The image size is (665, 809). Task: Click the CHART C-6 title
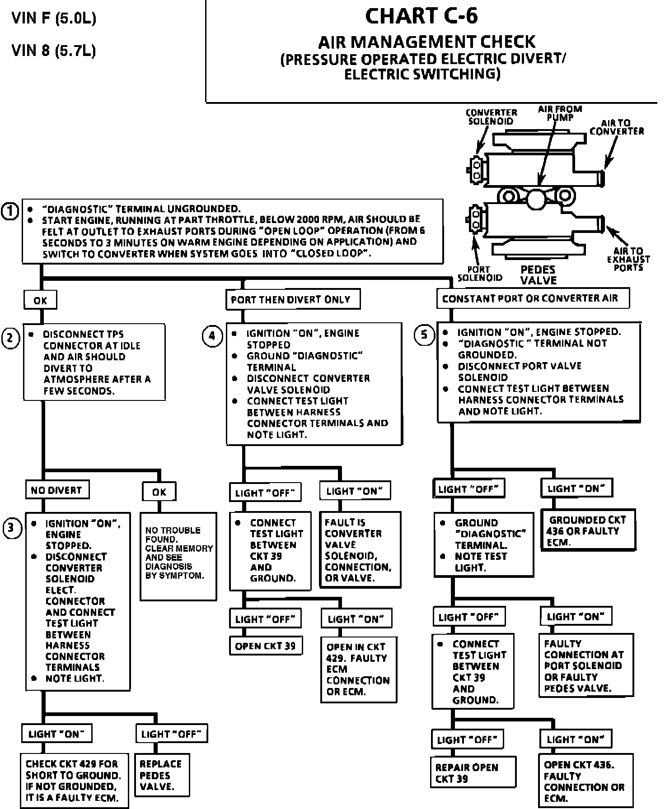421,16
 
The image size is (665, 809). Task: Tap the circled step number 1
10,211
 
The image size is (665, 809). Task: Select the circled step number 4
212,336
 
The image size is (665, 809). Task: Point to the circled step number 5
424,335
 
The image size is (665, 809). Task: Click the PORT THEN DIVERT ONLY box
292,300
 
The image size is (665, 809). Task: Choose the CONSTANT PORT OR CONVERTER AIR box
532,299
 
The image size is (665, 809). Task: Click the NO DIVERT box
56,490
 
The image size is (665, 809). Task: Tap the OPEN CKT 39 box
265,646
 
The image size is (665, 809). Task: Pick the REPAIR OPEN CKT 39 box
472,773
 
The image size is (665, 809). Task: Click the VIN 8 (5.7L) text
53,50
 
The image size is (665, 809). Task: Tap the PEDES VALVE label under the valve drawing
538,274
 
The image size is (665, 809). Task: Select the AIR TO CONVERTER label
616,127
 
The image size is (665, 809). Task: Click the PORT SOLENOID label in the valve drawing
479,274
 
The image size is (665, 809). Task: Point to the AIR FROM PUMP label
560,112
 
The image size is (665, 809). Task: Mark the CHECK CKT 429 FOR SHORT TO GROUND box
74,781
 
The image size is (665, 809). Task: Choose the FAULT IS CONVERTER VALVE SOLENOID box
360,550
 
